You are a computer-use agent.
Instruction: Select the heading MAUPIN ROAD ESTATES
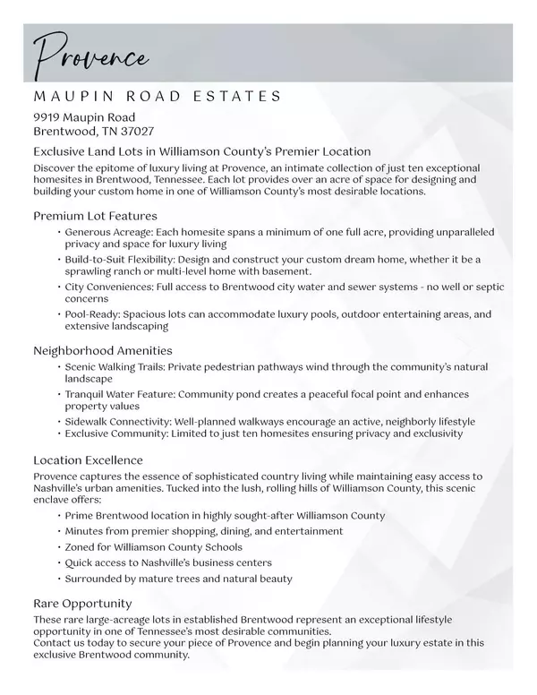click(158, 96)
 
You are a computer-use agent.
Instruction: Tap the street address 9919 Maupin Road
click(84, 117)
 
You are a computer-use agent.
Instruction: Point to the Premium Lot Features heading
click(95, 216)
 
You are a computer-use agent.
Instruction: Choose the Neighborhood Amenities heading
click(103, 350)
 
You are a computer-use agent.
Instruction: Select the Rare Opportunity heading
click(82, 603)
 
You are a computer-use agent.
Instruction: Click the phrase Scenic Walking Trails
click(115, 366)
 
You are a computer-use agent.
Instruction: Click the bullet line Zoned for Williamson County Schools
click(153, 547)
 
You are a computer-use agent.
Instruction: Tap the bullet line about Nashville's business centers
click(168, 562)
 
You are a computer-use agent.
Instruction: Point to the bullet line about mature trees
click(178, 579)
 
